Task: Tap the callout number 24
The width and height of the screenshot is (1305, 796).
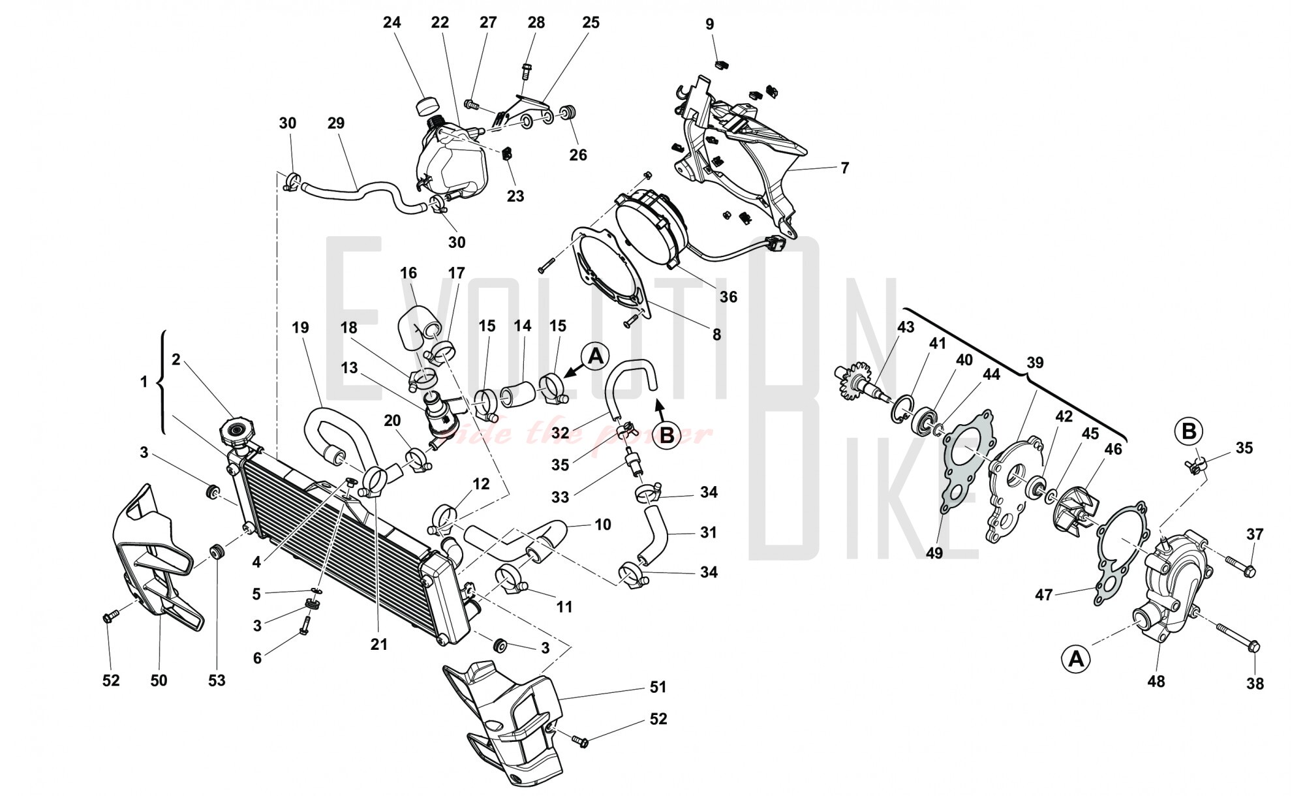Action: click(391, 22)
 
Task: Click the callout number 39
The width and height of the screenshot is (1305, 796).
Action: click(1035, 363)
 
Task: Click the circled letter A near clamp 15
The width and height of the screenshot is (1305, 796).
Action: click(595, 357)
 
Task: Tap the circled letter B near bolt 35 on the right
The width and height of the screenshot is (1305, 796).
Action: click(1189, 431)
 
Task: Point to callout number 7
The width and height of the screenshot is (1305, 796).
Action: click(844, 168)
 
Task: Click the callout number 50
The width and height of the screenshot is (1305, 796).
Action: click(159, 680)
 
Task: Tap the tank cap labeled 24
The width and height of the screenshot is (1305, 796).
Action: click(427, 106)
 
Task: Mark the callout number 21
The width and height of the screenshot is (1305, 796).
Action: click(378, 644)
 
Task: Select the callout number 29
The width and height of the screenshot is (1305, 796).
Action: click(335, 123)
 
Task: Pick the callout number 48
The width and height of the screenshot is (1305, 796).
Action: click(1156, 682)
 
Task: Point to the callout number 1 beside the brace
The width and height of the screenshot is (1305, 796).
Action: click(144, 382)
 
